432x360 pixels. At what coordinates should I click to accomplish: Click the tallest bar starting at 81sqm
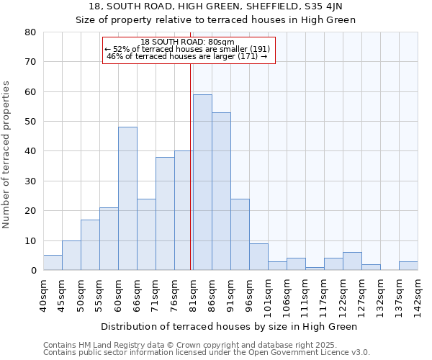coord(202,182)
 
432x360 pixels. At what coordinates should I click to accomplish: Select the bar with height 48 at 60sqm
coord(127,199)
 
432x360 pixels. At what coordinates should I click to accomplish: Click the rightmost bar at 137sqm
coord(408,266)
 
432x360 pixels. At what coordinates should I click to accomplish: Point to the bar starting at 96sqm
coord(258,257)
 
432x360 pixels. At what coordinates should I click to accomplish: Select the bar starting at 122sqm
coord(352,261)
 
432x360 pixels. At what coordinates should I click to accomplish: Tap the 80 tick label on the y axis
coord(30,32)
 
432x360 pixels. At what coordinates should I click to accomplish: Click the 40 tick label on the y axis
coord(30,151)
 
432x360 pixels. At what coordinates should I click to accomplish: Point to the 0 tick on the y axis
coord(33,271)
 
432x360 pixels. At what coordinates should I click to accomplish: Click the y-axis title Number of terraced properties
coord(6,155)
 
